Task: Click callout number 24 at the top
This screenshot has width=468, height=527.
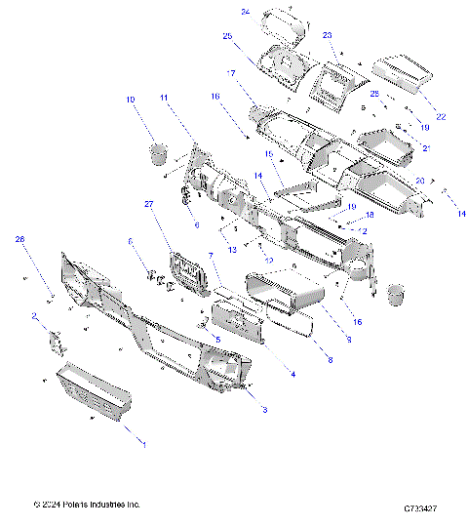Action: tap(246, 12)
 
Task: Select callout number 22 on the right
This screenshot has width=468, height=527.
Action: tap(442, 117)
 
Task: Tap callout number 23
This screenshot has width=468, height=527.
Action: tap(328, 34)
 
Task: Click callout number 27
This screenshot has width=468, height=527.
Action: tap(149, 204)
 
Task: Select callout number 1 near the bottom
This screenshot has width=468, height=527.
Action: tap(146, 444)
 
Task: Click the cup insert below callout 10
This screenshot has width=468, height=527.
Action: tap(156, 152)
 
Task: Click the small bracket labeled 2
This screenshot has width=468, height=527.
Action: tap(55, 341)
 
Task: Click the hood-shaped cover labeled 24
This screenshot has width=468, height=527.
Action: tap(278, 21)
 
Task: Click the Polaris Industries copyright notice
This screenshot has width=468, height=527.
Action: tap(88, 505)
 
